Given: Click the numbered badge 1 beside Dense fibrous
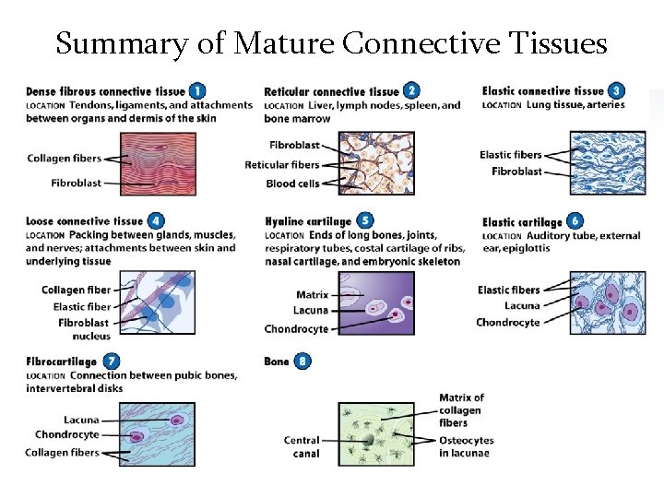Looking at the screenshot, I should click(196, 90).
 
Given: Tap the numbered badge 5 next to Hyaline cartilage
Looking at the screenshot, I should click(365, 221).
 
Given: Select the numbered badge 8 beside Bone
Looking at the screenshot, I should click(302, 361).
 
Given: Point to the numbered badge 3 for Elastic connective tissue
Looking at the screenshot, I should click(615, 90).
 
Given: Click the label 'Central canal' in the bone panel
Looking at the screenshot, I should click(302, 446).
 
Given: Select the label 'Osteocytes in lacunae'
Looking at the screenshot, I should click(466, 446).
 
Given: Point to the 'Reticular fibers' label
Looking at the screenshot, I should click(282, 164).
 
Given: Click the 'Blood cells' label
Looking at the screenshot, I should click(294, 183).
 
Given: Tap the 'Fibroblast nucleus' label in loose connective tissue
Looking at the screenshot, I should click(84, 329).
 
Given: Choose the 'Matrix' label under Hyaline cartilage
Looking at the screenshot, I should click(312, 295).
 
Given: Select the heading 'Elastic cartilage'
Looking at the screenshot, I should click(522, 221).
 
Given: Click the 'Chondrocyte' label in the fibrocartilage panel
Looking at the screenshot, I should click(66, 434).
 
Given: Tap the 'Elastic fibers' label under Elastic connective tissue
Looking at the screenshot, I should click(511, 154).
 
